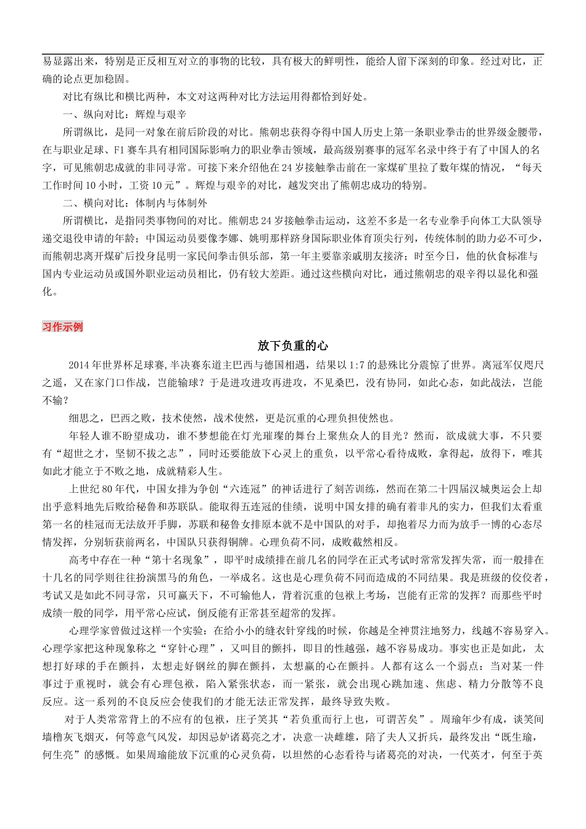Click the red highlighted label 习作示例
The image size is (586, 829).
pos(62,327)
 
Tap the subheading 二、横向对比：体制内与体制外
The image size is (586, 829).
pos(135,203)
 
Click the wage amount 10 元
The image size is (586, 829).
pos(163,185)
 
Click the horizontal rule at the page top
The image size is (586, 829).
pos(293,54)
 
